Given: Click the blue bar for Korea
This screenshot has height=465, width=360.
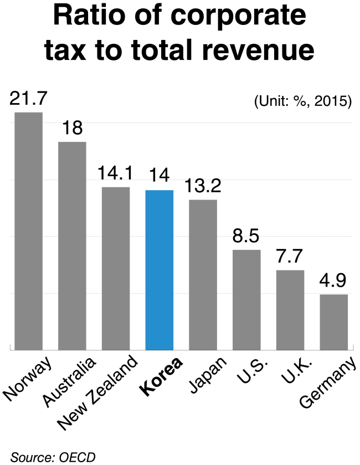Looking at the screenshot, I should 160,270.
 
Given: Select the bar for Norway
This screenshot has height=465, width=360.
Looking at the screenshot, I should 28,231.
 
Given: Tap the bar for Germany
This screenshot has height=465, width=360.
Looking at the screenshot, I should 334,322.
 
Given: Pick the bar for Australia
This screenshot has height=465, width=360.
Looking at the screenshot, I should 72,246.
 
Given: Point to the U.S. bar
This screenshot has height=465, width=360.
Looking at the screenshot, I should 246,300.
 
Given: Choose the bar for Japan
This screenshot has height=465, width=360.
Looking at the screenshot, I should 203,274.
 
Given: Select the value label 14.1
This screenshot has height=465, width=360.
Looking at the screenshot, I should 115,174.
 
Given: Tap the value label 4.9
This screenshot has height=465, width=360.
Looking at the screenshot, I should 334,282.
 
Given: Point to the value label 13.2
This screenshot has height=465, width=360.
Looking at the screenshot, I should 203,187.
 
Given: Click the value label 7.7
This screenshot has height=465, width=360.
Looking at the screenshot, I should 290,257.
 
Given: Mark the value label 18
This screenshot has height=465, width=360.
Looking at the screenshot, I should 72,129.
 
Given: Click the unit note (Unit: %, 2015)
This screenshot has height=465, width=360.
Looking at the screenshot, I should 303,102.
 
